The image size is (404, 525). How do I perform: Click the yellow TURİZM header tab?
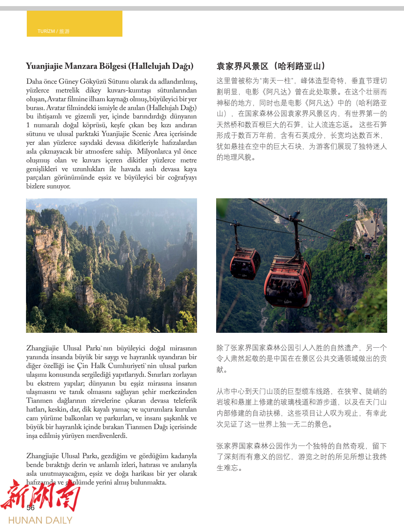point(74,24)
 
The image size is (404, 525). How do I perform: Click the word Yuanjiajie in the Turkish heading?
point(44,66)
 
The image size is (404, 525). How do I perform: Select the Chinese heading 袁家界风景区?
point(242,66)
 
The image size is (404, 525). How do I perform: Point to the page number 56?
point(31,507)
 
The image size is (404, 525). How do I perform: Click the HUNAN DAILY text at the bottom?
point(40,520)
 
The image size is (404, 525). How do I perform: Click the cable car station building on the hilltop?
point(369,225)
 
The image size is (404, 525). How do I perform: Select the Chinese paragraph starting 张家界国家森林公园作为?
point(301,457)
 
